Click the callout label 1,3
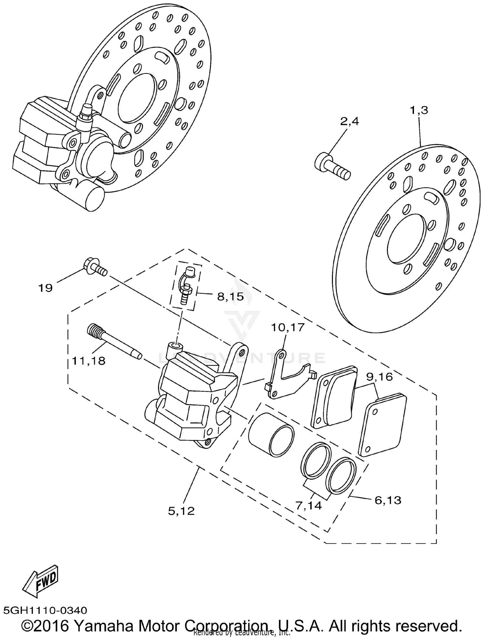pyautogui.click(x=419, y=110)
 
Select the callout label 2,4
pyautogui.click(x=349, y=122)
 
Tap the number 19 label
pyautogui.click(x=45, y=288)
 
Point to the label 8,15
pyautogui.click(x=230, y=296)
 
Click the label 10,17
pyautogui.click(x=287, y=327)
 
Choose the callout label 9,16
pyautogui.click(x=379, y=376)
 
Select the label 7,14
pyautogui.click(x=309, y=505)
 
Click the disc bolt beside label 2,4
pyautogui.click(x=332, y=166)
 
